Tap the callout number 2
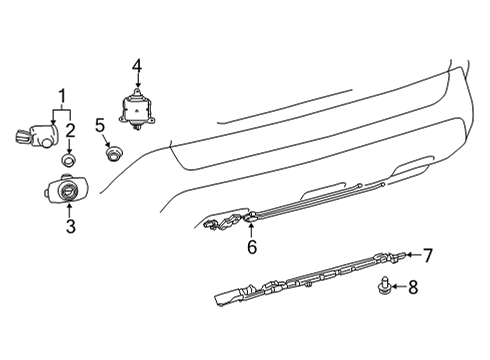[x=70, y=128]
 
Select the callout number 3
[x=70, y=226]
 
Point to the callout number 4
[x=137, y=67]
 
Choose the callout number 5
[x=100, y=126]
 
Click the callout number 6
[x=252, y=245]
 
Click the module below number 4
[x=136, y=107]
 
